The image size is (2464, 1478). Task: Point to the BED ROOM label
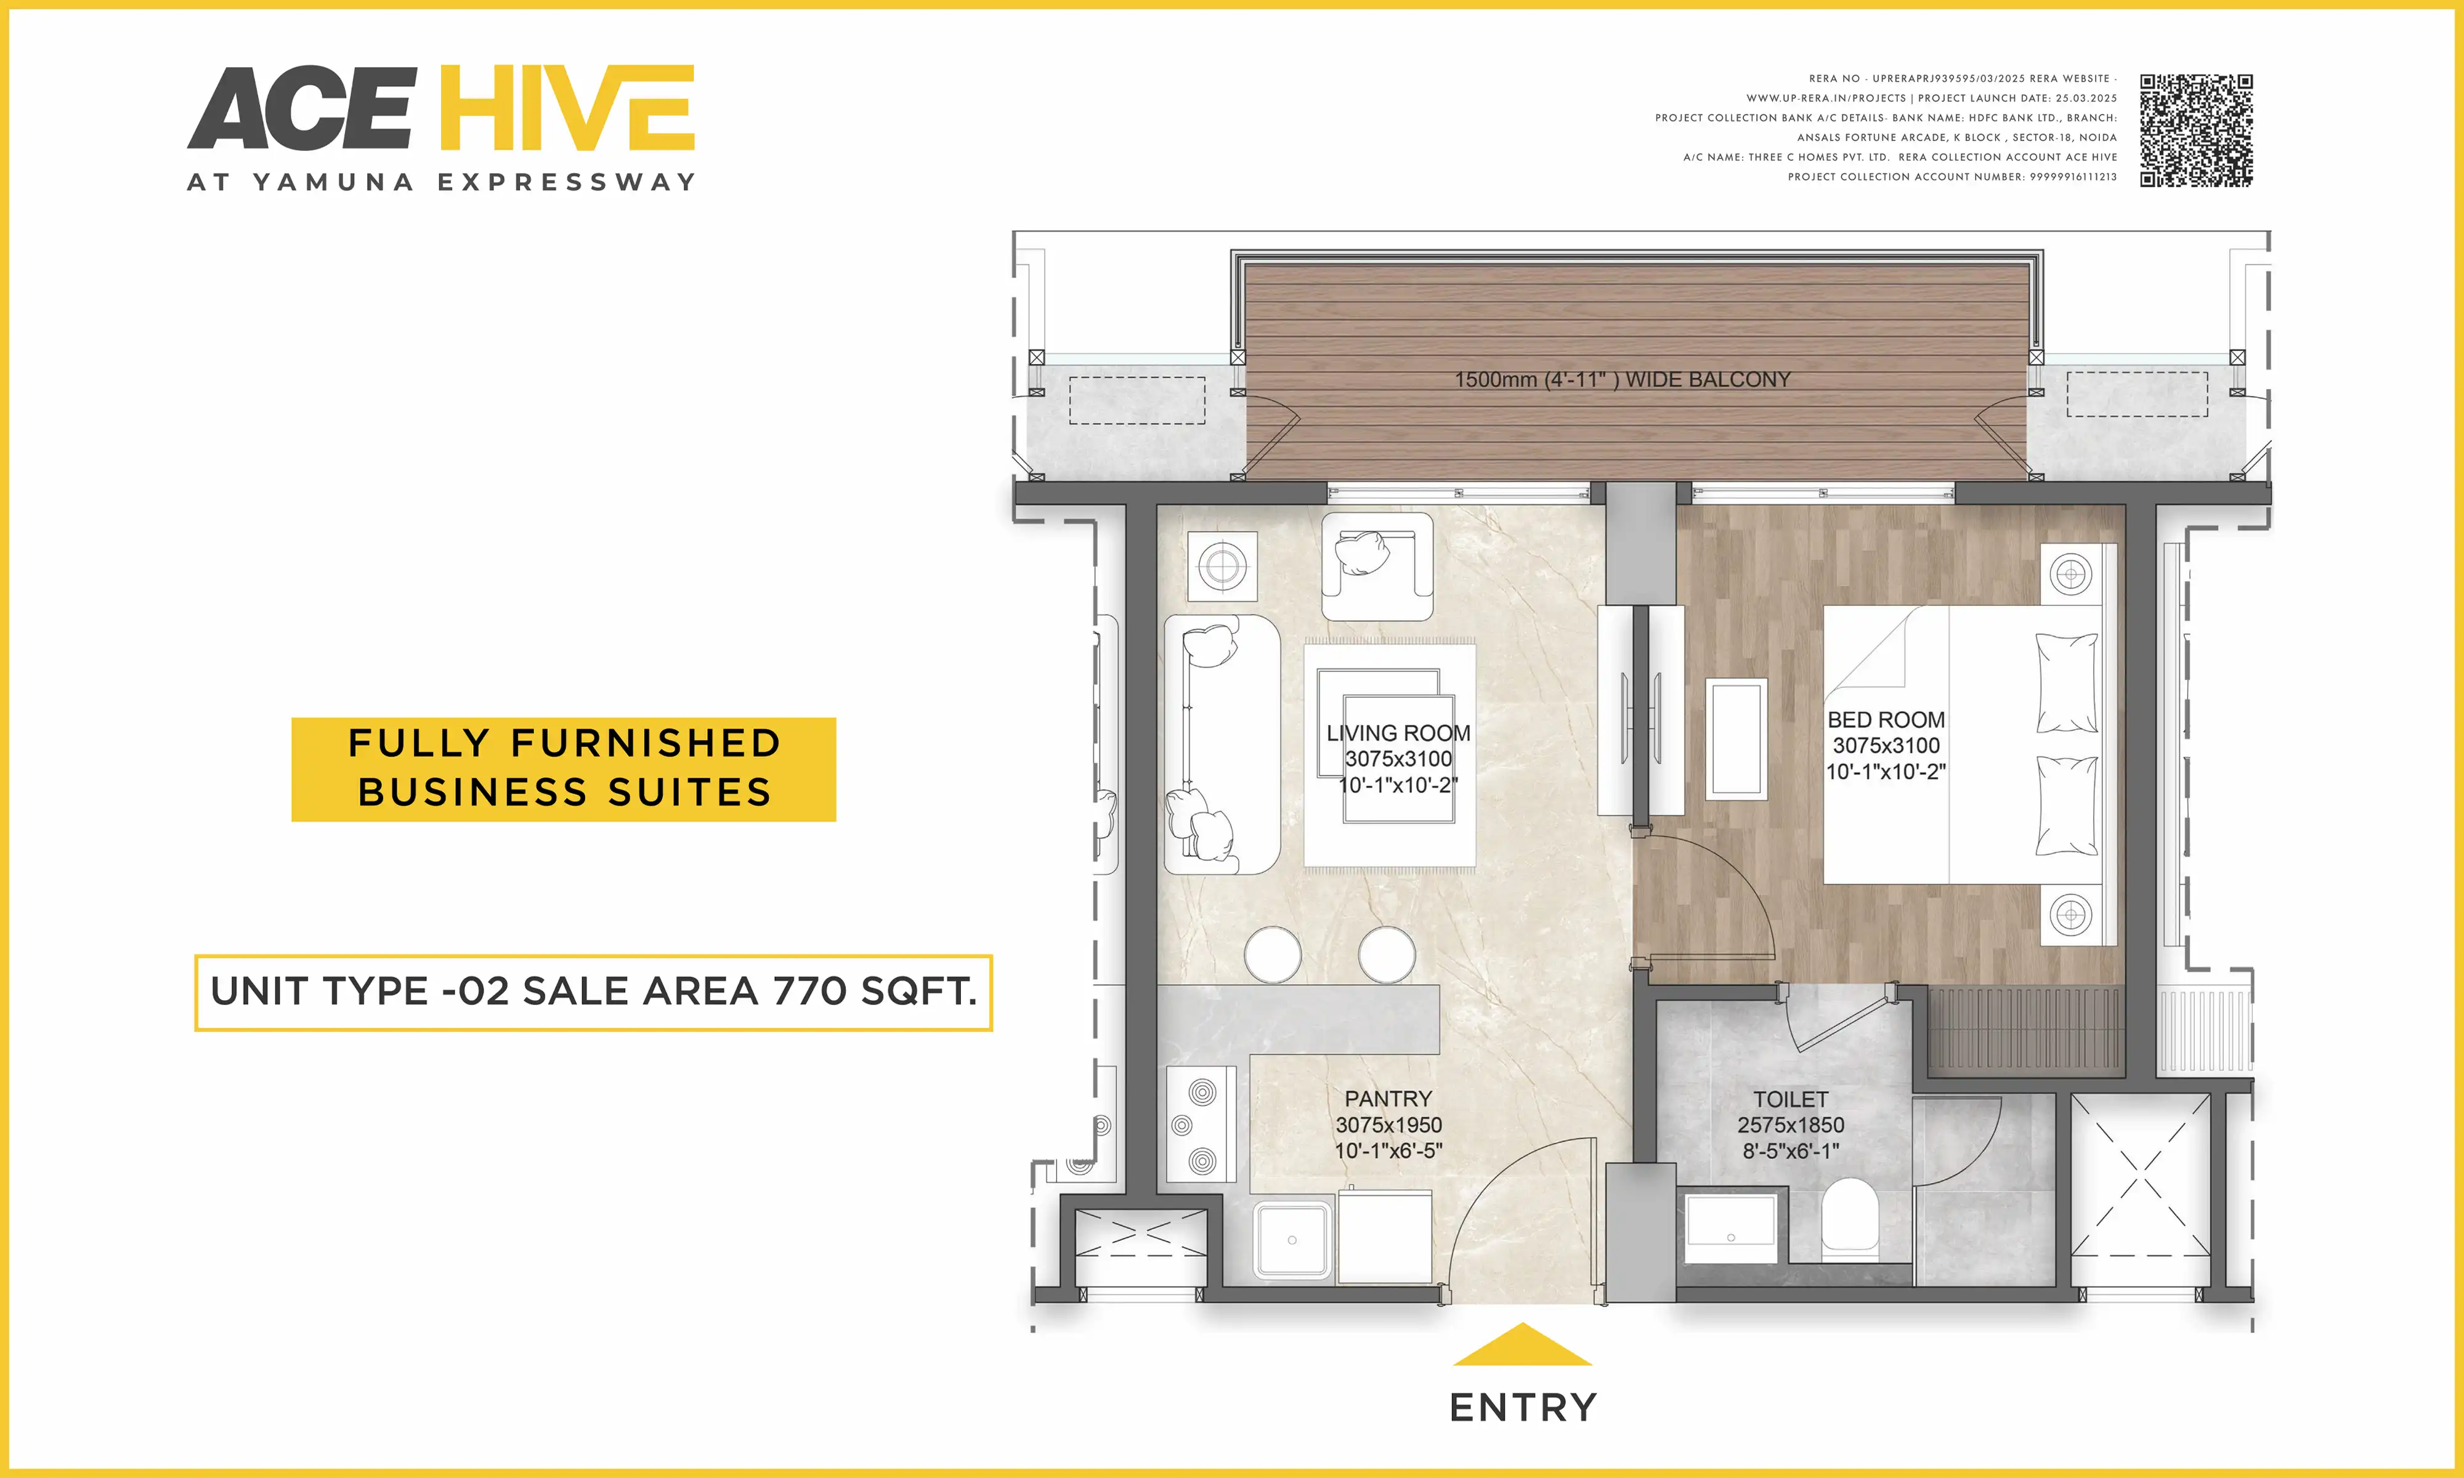coord(1886,720)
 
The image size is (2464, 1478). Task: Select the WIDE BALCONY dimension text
coord(1621,379)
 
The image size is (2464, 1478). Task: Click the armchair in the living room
coord(1376,567)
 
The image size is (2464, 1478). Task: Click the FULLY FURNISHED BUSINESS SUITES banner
coord(563,769)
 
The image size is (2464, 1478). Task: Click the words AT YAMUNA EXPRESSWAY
coord(441,182)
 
